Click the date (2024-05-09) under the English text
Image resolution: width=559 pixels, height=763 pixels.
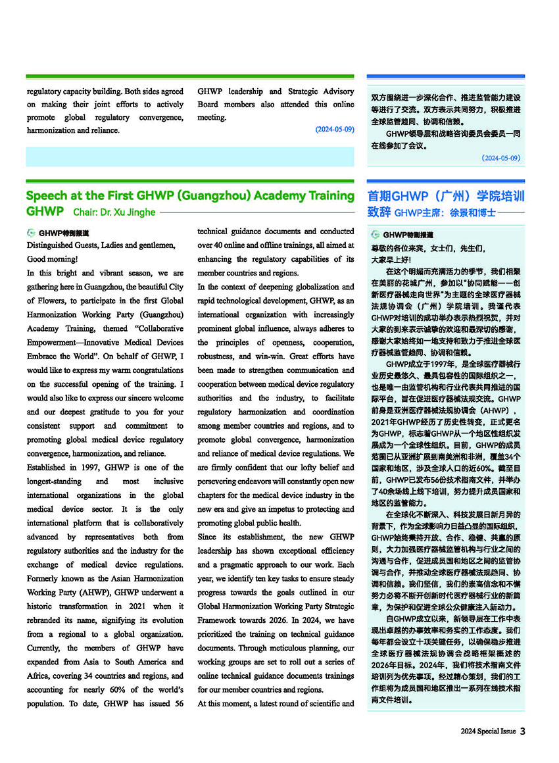tap(334, 130)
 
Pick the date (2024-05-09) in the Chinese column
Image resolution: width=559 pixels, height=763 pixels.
tap(501, 158)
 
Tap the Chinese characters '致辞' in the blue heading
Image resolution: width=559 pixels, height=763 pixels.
tap(379, 212)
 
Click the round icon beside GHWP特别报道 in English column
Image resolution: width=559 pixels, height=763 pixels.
tap(31, 233)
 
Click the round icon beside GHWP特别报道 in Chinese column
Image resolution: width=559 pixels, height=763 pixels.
tap(376, 234)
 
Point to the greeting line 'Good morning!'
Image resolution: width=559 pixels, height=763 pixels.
tap(52, 258)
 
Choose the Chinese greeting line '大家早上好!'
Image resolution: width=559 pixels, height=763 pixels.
tap(391, 260)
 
